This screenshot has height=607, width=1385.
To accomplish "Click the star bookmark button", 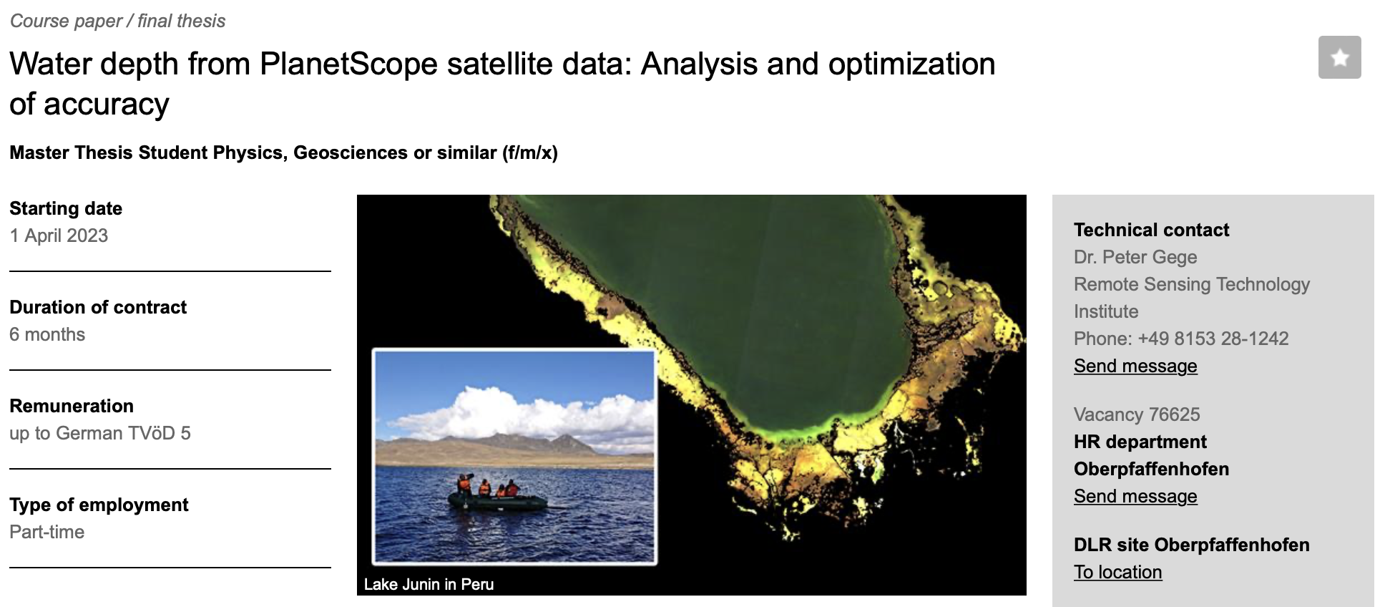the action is [1339, 57].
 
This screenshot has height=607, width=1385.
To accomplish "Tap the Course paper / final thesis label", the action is [117, 21].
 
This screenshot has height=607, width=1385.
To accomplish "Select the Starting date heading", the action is [66, 208].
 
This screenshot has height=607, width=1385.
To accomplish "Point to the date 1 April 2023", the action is [59, 235].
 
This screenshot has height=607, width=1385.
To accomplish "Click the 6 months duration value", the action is [47, 334].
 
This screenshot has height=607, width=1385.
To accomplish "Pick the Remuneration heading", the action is [72, 406].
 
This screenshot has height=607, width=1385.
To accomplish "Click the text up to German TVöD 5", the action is [100, 433].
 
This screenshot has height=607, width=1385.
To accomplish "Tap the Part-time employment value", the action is [47, 532].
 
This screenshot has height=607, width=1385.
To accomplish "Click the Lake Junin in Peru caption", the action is [429, 584].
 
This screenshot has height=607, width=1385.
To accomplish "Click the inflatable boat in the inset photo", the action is [497, 500].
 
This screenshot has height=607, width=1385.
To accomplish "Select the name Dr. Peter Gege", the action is [1135, 257].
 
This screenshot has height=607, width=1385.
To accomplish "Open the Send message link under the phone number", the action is [1135, 366].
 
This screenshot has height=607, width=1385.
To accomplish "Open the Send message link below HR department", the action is [1135, 496].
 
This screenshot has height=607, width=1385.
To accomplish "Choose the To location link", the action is [1118, 572].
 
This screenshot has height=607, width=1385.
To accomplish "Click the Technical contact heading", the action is [1151, 230].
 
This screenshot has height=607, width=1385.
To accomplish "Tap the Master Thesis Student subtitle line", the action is [283, 152].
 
